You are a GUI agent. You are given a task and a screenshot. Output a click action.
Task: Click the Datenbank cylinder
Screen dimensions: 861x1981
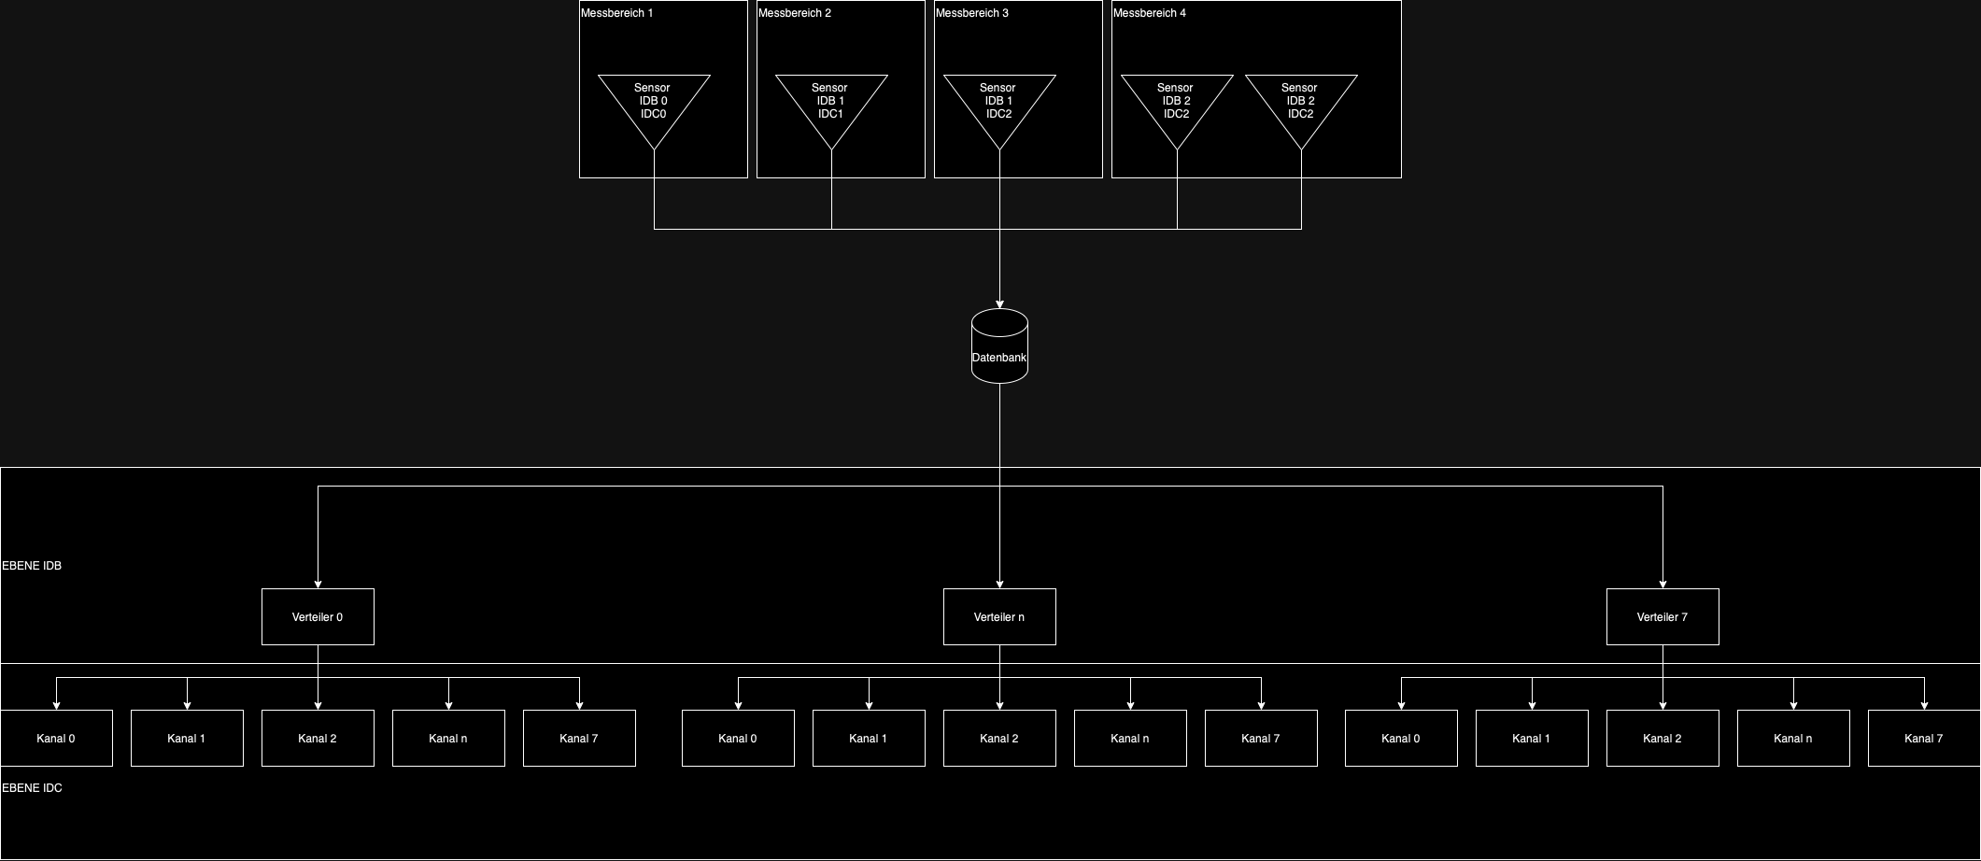pyautogui.click(x=999, y=346)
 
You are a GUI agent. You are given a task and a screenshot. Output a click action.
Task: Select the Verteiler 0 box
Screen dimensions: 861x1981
pyautogui.click(x=318, y=616)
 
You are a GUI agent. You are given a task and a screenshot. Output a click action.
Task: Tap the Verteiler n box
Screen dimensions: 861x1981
pyautogui.click(x=999, y=616)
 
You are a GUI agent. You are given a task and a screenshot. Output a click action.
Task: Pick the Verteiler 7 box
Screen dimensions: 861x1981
pyautogui.click(x=1663, y=616)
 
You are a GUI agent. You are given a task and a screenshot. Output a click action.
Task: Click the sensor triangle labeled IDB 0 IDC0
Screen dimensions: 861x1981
pyautogui.click(x=654, y=103)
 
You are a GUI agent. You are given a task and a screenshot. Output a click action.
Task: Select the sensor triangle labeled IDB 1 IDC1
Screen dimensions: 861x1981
pyautogui.click(x=831, y=103)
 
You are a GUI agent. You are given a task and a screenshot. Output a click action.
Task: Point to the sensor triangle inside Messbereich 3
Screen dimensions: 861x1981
pyautogui.click(x=999, y=103)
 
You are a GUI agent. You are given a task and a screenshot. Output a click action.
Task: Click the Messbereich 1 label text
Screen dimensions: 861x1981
pyautogui.click(x=616, y=13)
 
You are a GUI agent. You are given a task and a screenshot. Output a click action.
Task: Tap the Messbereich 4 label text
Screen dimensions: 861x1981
pyautogui.click(x=1149, y=13)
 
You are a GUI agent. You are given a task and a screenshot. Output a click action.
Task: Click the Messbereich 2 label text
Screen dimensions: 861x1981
pyautogui.click(x=794, y=13)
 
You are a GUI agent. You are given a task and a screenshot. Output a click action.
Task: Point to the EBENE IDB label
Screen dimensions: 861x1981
pyautogui.click(x=32, y=566)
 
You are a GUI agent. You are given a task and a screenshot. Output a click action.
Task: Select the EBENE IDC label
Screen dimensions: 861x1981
pyautogui.click(x=32, y=788)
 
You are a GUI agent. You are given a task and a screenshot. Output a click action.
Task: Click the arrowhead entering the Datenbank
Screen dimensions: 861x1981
pyautogui.click(x=999, y=303)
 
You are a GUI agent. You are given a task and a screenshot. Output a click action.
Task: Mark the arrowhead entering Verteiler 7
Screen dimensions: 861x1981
pyautogui.click(x=1663, y=584)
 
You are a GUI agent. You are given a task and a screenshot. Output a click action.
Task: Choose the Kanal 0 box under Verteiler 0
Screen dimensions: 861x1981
pyautogui.click(x=56, y=738)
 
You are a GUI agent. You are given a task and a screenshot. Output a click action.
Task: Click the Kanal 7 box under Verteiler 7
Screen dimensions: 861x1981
pyautogui.click(x=1924, y=738)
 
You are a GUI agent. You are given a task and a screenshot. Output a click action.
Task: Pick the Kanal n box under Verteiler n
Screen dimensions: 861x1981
pyautogui.click(x=1130, y=738)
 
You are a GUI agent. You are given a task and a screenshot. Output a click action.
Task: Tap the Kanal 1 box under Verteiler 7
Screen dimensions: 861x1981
pyautogui.click(x=1532, y=738)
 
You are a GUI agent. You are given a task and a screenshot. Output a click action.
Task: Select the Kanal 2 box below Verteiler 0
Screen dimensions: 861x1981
pyautogui.click(x=318, y=738)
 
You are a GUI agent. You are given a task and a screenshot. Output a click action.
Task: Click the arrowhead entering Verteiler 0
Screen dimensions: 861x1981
pyautogui.click(x=318, y=584)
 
